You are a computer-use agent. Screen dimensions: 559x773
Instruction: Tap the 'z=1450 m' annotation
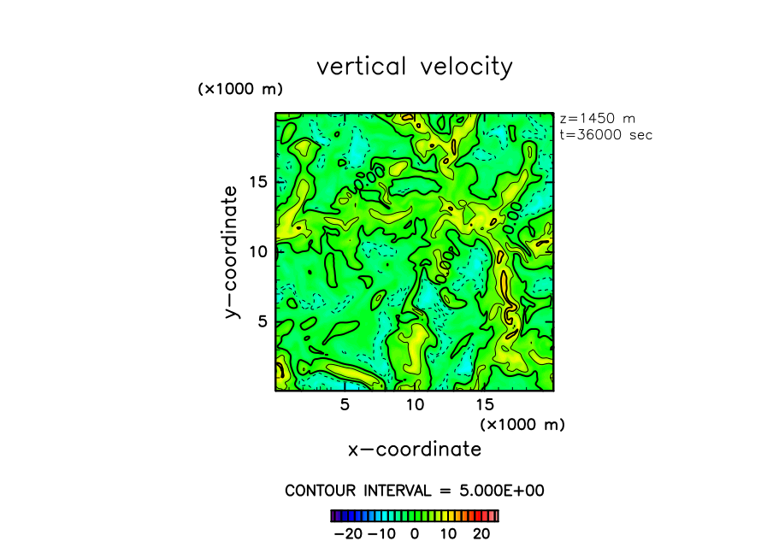597,119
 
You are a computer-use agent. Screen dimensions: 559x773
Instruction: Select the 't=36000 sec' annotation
605,134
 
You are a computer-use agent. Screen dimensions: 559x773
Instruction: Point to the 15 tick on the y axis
259,181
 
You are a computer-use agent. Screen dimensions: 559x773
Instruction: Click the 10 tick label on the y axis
259,251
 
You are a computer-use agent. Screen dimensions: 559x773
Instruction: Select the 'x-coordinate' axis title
415,449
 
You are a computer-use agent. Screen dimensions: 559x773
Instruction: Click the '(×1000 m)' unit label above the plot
240,89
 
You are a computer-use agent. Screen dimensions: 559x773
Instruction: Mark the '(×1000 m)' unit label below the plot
522,424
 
